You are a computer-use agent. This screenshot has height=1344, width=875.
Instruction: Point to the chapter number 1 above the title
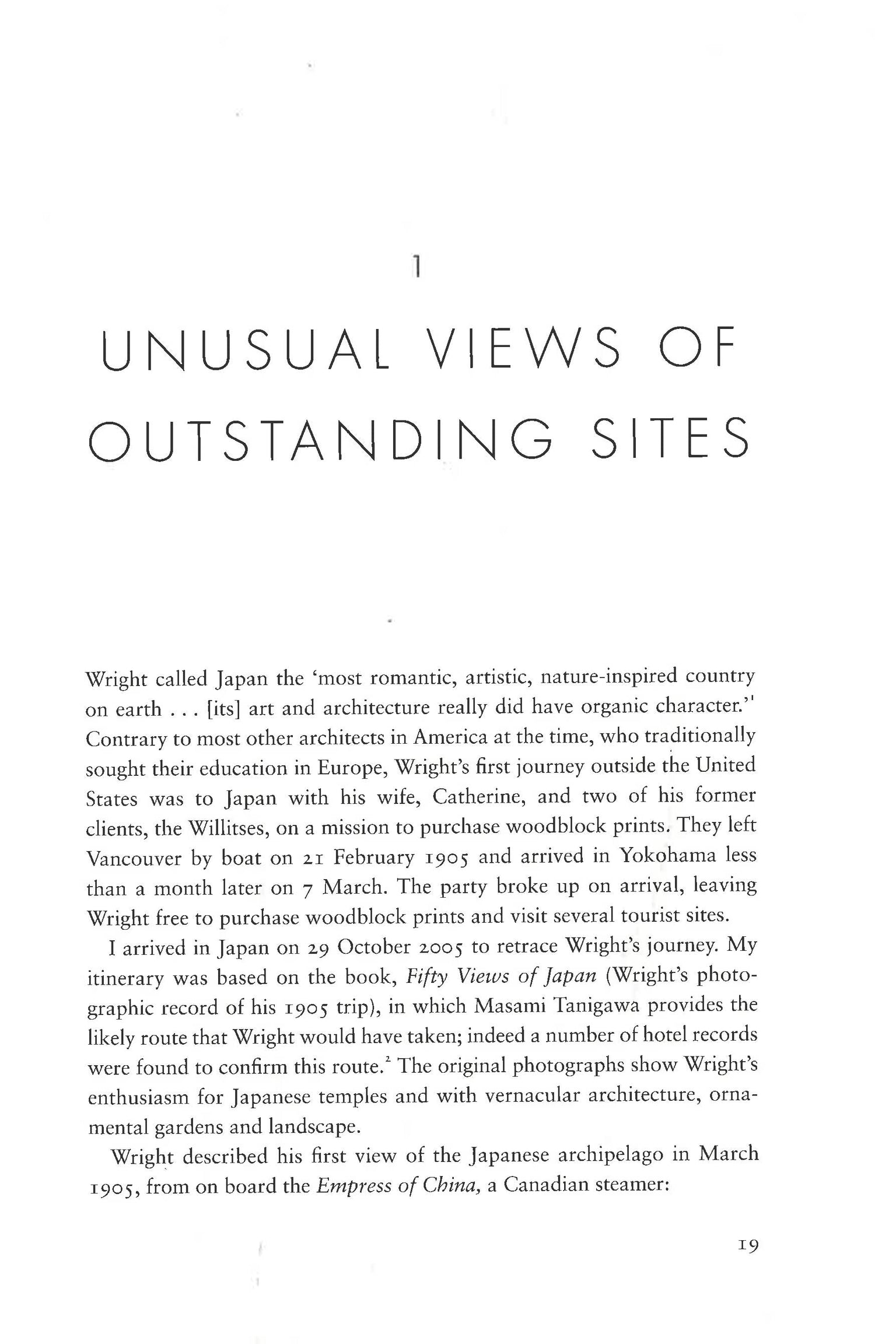pyautogui.click(x=416, y=269)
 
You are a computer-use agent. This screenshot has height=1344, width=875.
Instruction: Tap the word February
pyautogui.click(x=374, y=858)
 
